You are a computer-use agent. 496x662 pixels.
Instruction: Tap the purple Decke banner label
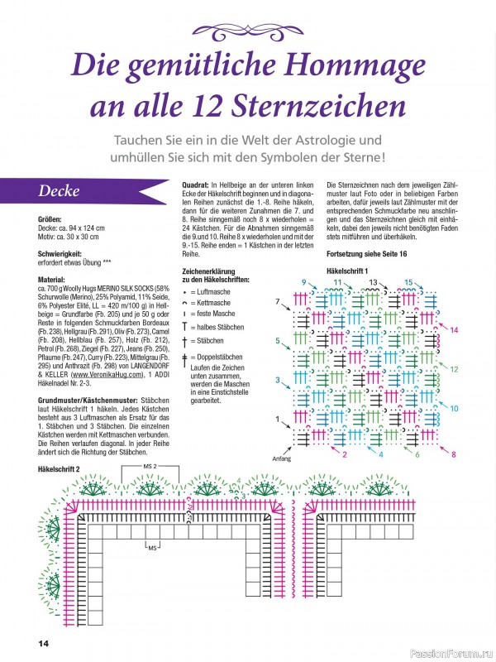57,191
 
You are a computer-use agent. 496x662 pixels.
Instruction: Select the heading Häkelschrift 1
351,271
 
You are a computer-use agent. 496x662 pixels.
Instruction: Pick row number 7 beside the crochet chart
278,301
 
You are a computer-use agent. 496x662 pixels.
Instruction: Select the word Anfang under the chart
282,458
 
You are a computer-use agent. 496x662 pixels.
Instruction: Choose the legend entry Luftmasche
212,292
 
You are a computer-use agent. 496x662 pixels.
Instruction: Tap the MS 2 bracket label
150,466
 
